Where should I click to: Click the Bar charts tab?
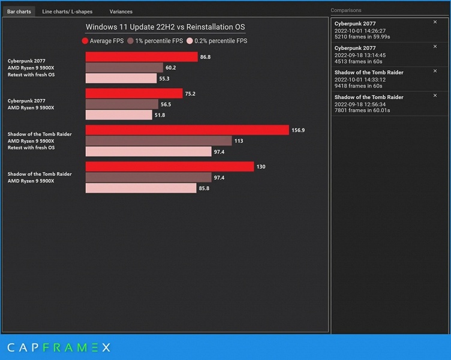19,11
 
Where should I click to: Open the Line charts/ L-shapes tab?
67,11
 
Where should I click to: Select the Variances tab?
121,11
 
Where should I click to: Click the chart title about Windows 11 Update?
165,27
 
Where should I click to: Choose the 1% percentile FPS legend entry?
155,41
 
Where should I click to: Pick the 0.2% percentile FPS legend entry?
217,41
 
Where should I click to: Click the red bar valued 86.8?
142,57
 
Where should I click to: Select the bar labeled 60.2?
124,68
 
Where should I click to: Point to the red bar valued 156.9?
187,130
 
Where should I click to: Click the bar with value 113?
158,141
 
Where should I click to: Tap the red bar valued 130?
170,167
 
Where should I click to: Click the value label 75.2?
190,94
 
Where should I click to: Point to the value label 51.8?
160,115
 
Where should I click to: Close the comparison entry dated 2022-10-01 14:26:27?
435,22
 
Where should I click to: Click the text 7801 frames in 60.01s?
362,110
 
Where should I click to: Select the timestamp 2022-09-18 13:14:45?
360,55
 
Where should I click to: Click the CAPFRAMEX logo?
58,347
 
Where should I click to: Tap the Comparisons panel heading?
346,10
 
